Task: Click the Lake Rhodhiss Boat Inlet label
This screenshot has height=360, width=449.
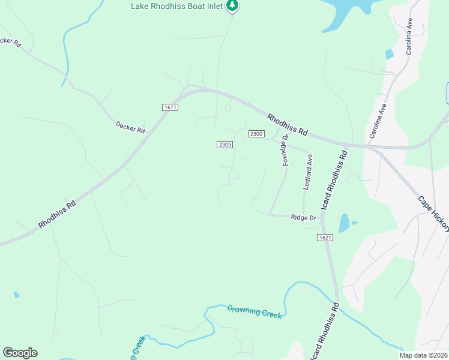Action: coord(177,6)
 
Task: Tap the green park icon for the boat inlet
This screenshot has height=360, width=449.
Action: coord(232,5)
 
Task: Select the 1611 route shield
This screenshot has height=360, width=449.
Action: coord(170,107)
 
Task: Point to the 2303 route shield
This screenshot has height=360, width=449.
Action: coord(224,145)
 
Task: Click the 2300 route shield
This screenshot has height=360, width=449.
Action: coord(256,133)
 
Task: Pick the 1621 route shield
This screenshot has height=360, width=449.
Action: coord(325,238)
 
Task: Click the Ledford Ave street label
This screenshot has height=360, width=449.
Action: coord(308,173)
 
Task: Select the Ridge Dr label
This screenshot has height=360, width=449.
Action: coord(303,217)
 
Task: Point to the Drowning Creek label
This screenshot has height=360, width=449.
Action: coord(254,312)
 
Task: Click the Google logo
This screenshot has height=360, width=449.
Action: coord(20,353)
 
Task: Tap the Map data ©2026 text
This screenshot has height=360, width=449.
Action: coord(423,355)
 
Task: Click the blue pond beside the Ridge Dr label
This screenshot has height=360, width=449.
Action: coord(343,223)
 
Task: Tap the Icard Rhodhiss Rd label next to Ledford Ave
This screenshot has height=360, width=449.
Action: coord(337,178)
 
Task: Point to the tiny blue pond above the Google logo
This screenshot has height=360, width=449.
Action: coord(16,295)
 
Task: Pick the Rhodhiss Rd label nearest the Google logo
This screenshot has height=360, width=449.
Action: coord(58,214)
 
